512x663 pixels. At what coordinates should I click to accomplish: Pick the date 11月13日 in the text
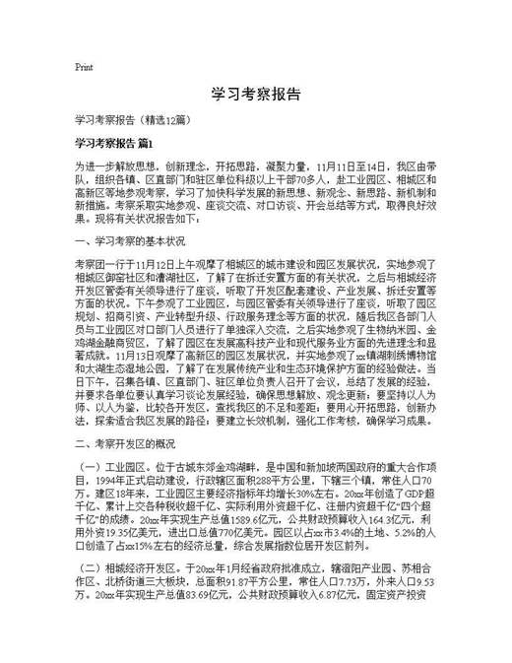139,351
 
